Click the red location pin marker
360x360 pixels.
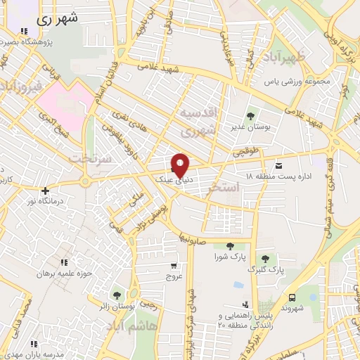click(x=181, y=165)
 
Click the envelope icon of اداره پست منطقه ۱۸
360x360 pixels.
click(x=280, y=165)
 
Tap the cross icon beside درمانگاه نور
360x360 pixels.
click(x=46, y=191)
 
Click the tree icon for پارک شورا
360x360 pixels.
click(x=229, y=246)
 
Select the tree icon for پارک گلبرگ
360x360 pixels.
click(x=264, y=259)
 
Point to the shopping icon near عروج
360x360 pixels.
click(x=174, y=266)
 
